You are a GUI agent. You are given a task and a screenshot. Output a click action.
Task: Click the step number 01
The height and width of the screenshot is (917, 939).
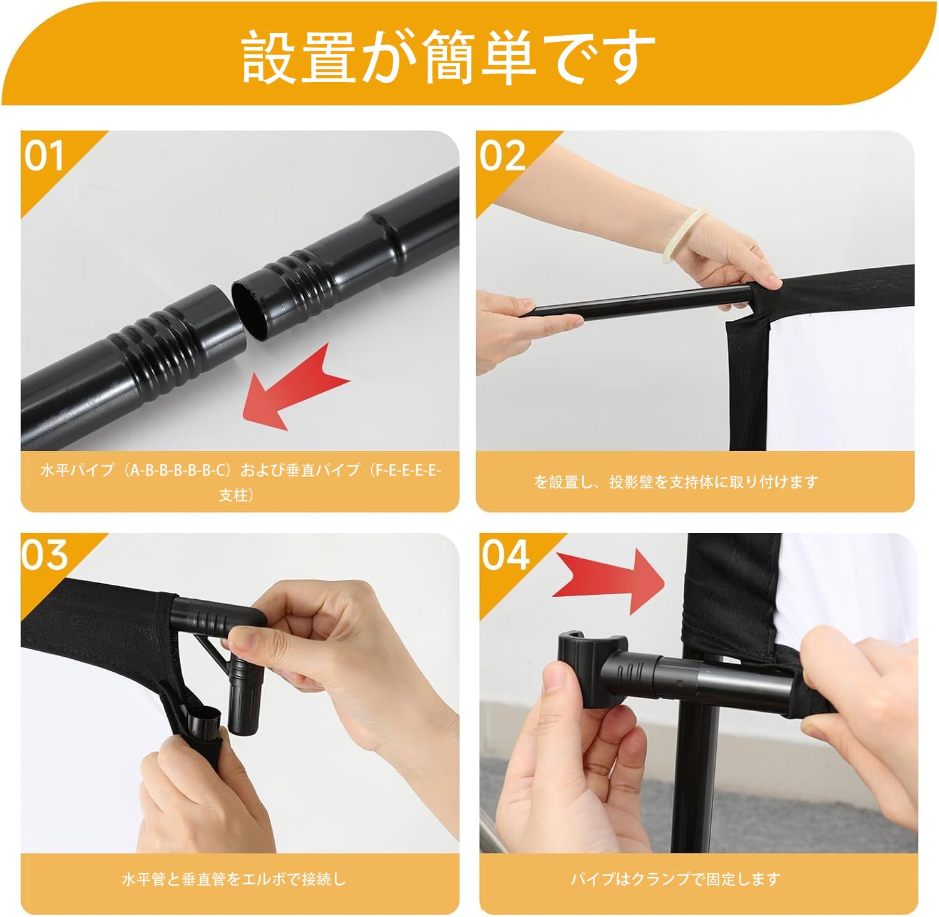click(x=44, y=155)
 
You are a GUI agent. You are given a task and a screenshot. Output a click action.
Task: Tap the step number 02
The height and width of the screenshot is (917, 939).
click(x=503, y=155)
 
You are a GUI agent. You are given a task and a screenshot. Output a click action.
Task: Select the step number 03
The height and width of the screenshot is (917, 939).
click(x=44, y=554)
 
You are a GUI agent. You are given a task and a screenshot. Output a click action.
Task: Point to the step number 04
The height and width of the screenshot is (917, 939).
click(x=505, y=554)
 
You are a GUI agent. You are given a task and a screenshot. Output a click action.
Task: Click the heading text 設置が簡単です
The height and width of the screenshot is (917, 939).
click(x=448, y=57)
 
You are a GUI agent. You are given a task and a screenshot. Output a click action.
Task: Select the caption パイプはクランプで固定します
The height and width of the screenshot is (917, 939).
click(x=675, y=879)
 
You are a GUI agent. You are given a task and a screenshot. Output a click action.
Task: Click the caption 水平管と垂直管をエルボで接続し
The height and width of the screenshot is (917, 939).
click(x=233, y=879)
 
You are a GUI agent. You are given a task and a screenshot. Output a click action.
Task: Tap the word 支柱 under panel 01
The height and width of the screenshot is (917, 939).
click(x=232, y=495)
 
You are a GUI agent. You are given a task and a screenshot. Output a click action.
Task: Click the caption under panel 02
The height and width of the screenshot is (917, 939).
click(x=676, y=482)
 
